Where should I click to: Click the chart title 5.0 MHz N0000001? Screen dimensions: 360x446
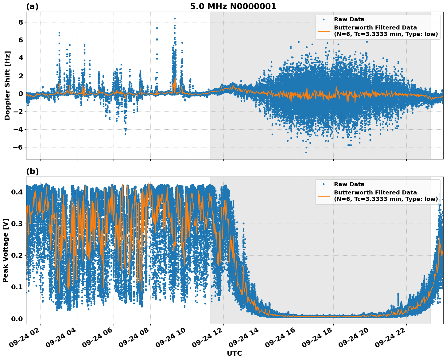click(233, 6)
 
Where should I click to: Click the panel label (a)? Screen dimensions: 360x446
click(32, 6)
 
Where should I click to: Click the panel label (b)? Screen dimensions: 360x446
click(32, 171)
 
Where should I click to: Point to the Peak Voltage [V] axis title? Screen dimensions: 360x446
click(6, 250)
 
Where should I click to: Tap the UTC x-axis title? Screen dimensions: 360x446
click(234, 353)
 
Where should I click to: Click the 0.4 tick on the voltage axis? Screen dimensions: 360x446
click(17, 192)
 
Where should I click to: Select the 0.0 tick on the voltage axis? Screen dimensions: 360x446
click(17, 319)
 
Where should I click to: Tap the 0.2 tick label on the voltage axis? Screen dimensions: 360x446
click(17, 256)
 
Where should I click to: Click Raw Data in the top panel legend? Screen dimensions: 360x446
click(349, 19)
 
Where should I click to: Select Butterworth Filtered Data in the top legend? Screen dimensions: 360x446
click(375, 28)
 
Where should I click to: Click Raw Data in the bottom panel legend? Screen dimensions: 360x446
click(349, 184)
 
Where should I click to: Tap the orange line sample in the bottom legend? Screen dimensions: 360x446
click(324, 196)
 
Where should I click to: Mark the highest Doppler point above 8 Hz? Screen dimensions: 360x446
click(175, 18)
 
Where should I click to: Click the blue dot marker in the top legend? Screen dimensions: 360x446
click(324, 19)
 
